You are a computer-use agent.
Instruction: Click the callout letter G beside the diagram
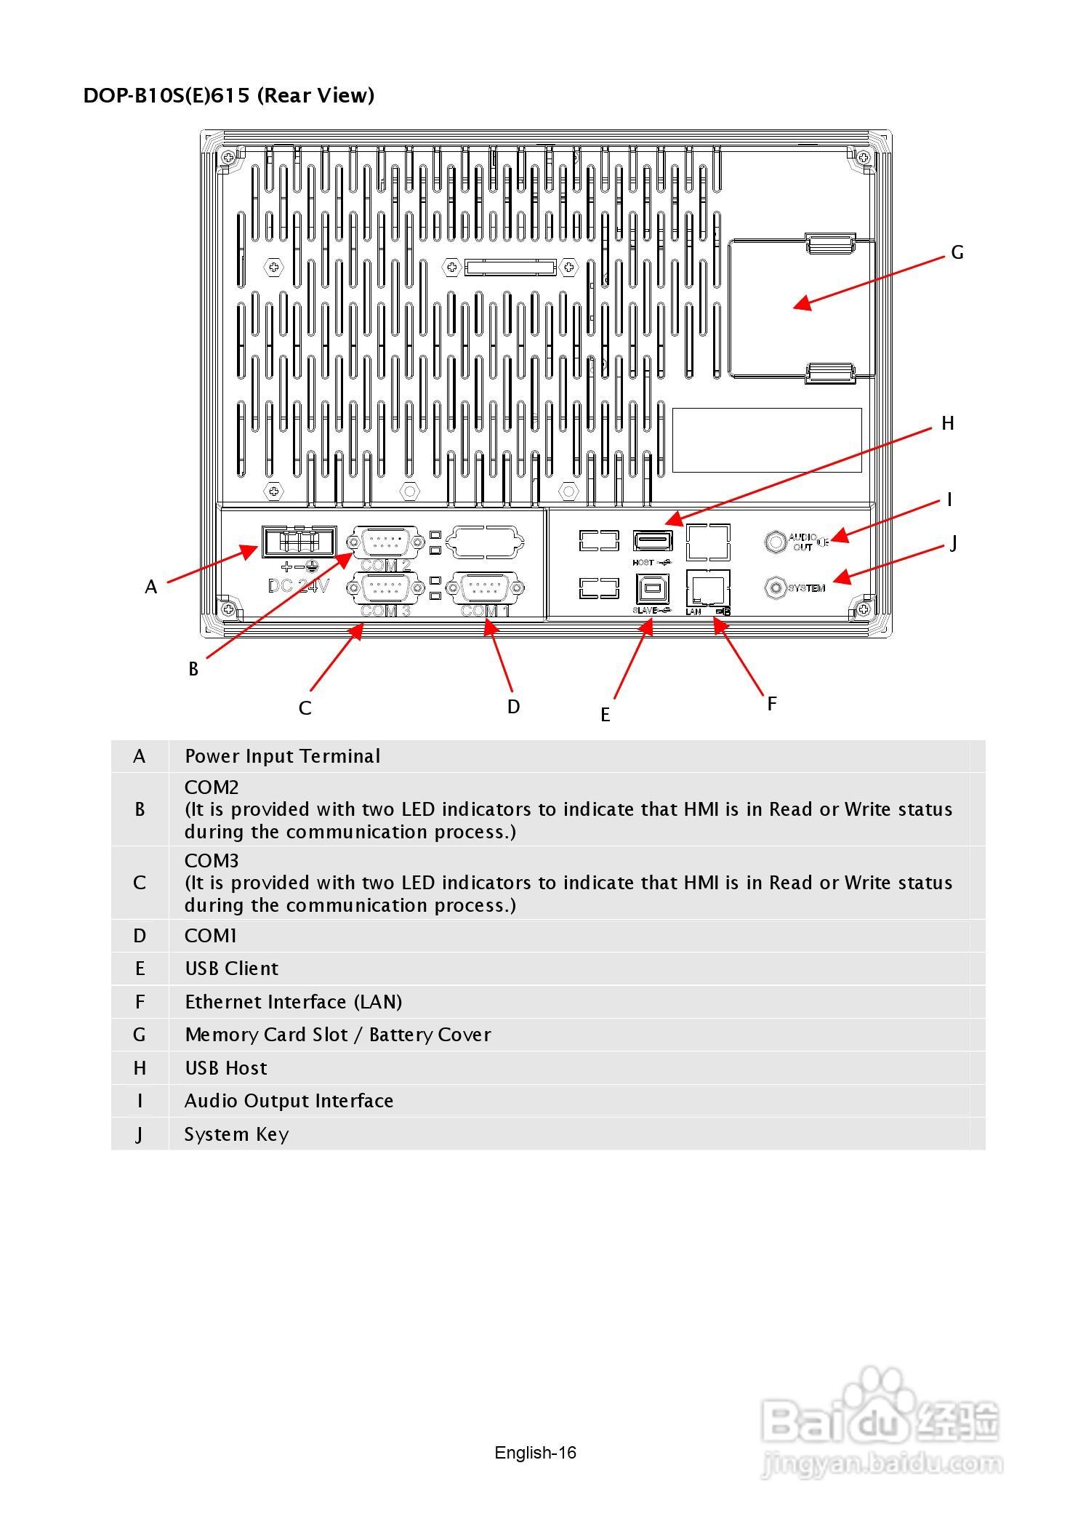coord(957,252)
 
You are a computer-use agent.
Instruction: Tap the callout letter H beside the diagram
coord(947,423)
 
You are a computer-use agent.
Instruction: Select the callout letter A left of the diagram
coord(150,587)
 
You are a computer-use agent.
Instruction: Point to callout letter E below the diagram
coord(605,715)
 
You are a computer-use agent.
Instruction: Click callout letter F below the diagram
coord(772,703)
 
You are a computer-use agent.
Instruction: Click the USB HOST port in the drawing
coord(653,541)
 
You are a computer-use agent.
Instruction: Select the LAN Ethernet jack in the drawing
coord(707,587)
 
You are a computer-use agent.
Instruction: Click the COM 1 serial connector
coord(486,587)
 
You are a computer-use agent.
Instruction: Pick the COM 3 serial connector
coord(386,587)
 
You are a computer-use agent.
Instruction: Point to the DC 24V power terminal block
coord(299,542)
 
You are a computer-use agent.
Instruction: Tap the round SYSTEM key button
coord(776,587)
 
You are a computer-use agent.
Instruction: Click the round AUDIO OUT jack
coord(776,542)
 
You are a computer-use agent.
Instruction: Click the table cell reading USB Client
coord(231,968)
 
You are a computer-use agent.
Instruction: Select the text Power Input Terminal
coord(282,756)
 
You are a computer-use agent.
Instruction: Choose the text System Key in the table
coord(236,1134)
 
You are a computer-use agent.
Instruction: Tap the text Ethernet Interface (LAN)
coord(293,1002)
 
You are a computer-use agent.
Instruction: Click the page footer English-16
coord(535,1453)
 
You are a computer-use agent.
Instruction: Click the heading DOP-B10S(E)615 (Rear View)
coord(229,95)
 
